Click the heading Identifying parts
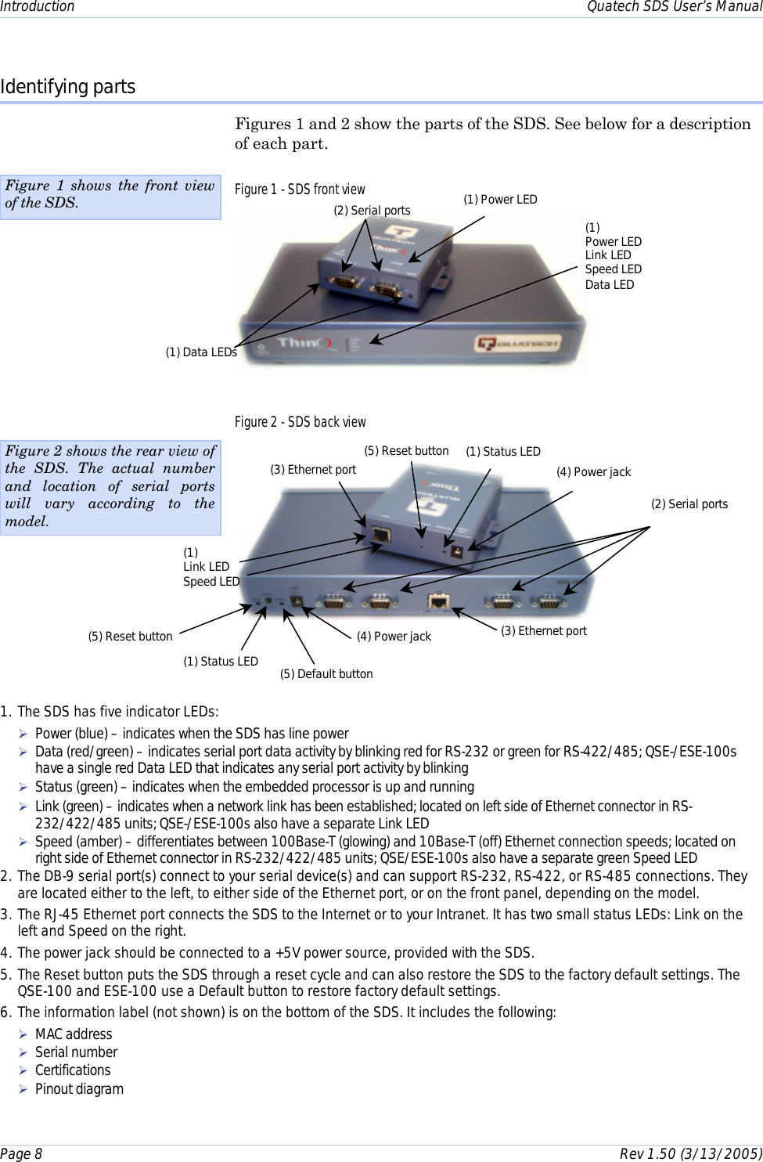[68, 87]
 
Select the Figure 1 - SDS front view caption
[300, 189]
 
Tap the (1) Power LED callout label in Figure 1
[500, 200]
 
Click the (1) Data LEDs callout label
[201, 352]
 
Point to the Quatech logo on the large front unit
[518, 343]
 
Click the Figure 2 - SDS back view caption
[300, 422]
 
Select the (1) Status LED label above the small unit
[503, 452]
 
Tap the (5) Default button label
[326, 674]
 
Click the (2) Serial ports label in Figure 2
[689, 504]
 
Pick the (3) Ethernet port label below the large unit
[544, 631]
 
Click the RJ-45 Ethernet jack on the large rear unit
[438, 601]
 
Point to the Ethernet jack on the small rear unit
[381, 536]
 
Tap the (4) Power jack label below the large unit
[394, 637]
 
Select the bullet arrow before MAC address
[23, 1034]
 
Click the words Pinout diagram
[79, 1089]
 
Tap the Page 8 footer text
[21, 1153]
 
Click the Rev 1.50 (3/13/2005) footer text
[690, 1153]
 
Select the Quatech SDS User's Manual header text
[674, 7]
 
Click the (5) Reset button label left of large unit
[130, 637]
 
